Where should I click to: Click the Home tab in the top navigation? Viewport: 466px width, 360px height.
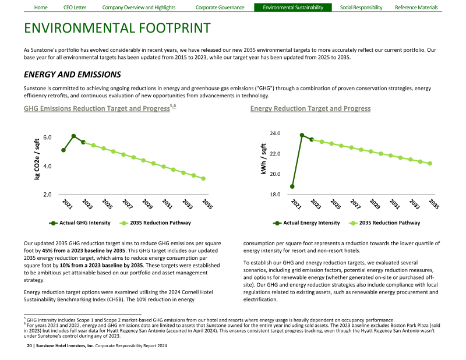click(x=41, y=8)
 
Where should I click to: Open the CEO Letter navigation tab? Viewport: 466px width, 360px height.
click(x=74, y=8)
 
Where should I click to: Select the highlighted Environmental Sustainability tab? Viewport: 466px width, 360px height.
click(x=292, y=8)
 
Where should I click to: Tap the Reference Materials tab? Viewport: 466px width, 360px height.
click(x=416, y=8)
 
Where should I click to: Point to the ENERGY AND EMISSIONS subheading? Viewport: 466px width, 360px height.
click(x=72, y=75)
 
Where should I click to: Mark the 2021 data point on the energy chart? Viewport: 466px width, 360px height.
click(x=292, y=186)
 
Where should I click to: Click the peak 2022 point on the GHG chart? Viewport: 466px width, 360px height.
click(x=73, y=136)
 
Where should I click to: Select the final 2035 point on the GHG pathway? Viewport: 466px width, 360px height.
click(x=203, y=179)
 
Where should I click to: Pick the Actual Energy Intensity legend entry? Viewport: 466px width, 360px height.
click(x=311, y=223)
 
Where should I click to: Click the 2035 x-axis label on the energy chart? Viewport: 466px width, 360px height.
click(x=433, y=204)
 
